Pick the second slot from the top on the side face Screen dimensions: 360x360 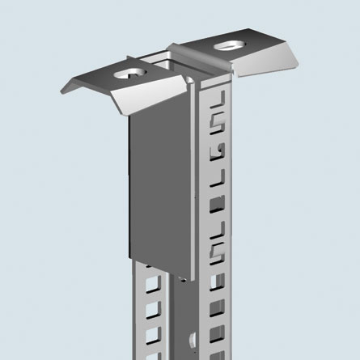(216, 123)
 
